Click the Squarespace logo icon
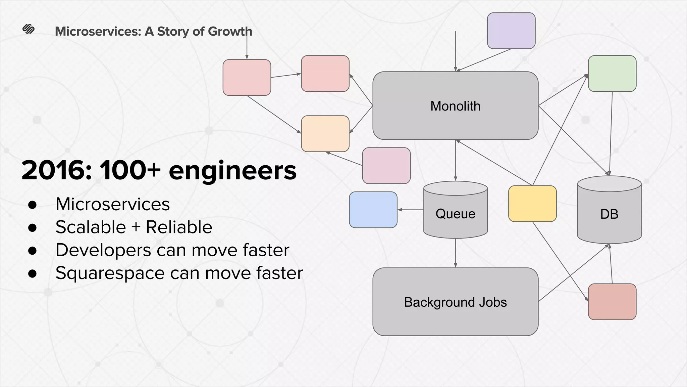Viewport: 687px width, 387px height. pyautogui.click(x=29, y=29)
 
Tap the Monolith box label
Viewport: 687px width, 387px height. pyautogui.click(x=455, y=106)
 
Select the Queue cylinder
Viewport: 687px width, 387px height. pyautogui.click(x=455, y=214)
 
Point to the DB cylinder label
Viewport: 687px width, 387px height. pyautogui.click(x=609, y=214)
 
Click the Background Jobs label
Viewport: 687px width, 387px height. pyautogui.click(x=455, y=302)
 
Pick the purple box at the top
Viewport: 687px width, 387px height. pyautogui.click(x=511, y=31)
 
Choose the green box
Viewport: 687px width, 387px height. pyautogui.click(x=612, y=74)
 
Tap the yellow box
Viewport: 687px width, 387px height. pyautogui.click(x=532, y=204)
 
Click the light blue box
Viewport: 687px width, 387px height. pyautogui.click(x=373, y=210)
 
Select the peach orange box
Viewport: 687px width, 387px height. pyautogui.click(x=325, y=134)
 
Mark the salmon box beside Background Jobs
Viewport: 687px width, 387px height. pyautogui.click(x=612, y=302)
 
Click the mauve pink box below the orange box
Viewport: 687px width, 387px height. pyautogui.click(x=386, y=166)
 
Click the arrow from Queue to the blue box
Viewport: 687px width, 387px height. pyautogui.click(x=411, y=210)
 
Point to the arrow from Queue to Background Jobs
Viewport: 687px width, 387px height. pyautogui.click(x=455, y=253)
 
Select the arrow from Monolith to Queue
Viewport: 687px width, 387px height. pyautogui.click(x=455, y=160)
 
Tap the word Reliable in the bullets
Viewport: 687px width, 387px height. pyautogui.click(x=179, y=227)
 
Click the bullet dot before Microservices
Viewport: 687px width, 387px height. pyautogui.click(x=33, y=205)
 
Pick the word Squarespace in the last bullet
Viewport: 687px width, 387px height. pyautogui.click(x=110, y=273)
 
